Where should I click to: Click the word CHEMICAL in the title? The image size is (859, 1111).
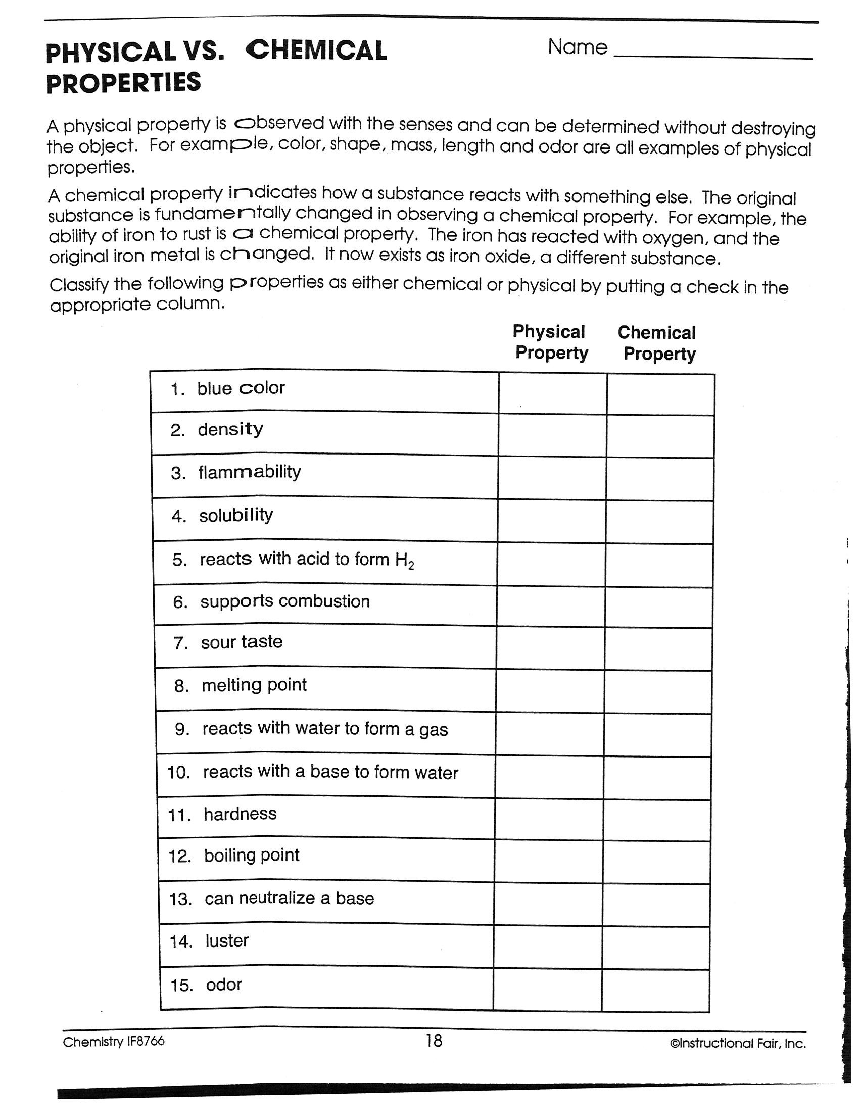(316, 51)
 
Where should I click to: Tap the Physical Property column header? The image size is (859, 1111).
(550, 342)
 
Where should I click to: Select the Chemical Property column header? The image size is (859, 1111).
(657, 343)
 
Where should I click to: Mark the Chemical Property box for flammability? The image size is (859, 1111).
(660, 479)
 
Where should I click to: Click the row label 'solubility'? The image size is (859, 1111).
(236, 515)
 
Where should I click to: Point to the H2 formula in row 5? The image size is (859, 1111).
(405, 561)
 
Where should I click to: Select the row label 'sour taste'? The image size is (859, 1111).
(242, 642)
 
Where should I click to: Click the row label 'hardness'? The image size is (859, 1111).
(240, 814)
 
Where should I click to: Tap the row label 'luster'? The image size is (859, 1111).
(227, 941)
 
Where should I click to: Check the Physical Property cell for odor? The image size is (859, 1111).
(548, 989)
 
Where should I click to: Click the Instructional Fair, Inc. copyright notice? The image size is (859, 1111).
(738, 1044)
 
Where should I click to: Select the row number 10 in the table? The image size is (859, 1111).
(178, 773)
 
